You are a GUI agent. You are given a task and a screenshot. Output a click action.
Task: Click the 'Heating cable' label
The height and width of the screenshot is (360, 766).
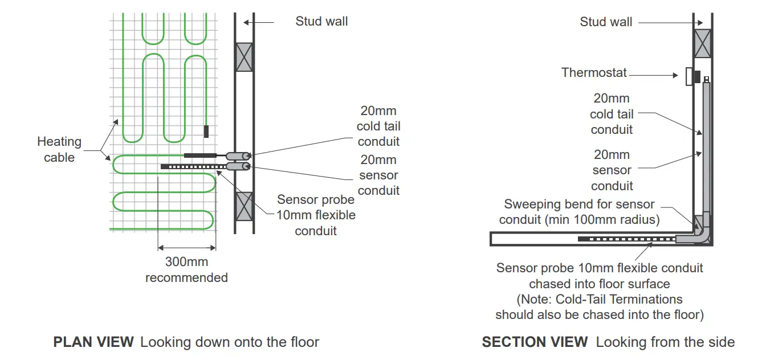59,149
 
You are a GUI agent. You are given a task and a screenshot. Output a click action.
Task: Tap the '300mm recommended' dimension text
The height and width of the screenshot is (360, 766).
186,270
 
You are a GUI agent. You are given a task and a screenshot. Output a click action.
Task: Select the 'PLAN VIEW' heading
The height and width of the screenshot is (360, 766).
93,342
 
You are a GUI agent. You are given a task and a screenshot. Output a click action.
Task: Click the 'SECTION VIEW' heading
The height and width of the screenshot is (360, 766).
535,342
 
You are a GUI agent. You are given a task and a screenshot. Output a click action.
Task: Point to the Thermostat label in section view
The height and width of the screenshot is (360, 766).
594,72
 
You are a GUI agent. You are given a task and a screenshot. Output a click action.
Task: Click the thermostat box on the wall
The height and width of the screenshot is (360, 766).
689,76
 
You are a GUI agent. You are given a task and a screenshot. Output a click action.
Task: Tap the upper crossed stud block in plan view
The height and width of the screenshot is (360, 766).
244,57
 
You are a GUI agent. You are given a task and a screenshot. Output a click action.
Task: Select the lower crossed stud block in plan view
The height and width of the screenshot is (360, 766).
244,206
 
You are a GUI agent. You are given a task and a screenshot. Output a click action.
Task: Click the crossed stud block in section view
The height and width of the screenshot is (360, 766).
702,43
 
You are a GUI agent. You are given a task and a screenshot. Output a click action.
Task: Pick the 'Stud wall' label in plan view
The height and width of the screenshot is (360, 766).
321,22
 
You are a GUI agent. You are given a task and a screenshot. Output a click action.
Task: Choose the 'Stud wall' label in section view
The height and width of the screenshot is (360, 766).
606,22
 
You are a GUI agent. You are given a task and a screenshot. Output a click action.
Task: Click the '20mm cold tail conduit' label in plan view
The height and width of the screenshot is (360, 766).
378,126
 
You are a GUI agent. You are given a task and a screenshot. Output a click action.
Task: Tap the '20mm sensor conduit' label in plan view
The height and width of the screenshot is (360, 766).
378,175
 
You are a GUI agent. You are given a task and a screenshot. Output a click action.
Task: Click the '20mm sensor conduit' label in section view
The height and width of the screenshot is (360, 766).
612,170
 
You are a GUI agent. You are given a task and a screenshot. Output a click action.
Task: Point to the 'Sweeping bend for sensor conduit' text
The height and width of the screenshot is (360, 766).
579,212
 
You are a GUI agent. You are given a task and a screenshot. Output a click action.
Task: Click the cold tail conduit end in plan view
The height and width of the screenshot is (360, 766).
238,156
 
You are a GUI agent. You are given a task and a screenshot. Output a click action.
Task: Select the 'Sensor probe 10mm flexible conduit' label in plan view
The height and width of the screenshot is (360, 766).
316,215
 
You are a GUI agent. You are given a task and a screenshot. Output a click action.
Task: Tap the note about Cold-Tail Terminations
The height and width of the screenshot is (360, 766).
599,306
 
